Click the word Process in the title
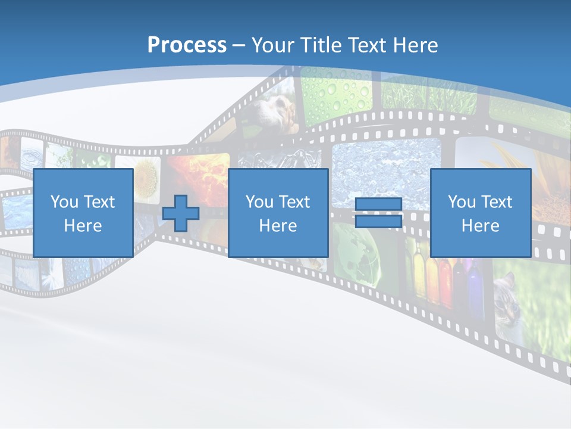(x=187, y=45)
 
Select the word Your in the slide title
(x=273, y=45)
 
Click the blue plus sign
(x=181, y=213)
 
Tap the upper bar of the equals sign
(x=378, y=204)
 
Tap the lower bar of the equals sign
(x=378, y=222)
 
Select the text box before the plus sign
(x=83, y=213)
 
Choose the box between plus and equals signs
(x=278, y=213)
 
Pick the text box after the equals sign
(x=480, y=213)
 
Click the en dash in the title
(x=239, y=45)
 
